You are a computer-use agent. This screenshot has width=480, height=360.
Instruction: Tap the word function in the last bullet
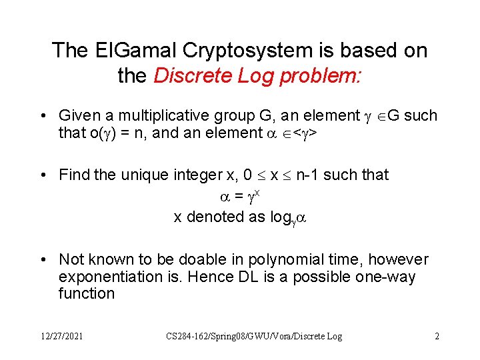(87, 294)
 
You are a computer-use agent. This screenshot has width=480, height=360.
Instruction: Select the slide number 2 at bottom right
(437, 337)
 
